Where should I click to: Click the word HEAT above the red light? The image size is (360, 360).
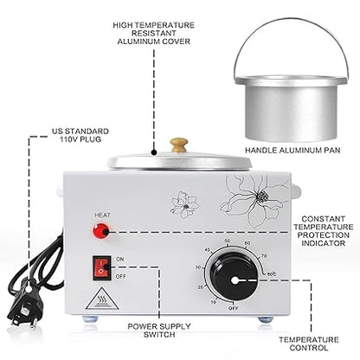pos(102,215)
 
